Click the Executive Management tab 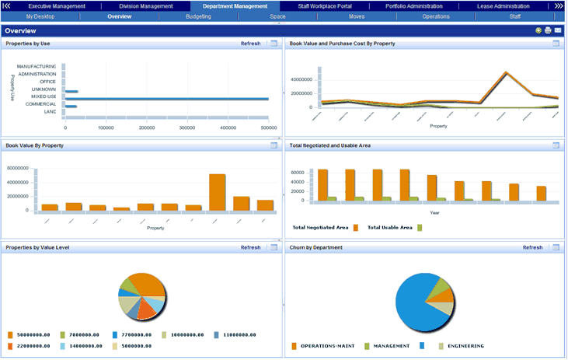(x=57, y=5)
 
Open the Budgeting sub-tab (x=198, y=16)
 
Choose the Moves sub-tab (x=357, y=16)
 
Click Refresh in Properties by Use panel (x=250, y=44)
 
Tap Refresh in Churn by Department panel (x=532, y=247)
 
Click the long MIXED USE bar (x=167, y=99)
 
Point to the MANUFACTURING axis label (x=36, y=67)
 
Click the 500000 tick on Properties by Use (x=269, y=128)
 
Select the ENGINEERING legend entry (x=464, y=345)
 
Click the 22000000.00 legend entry (x=34, y=345)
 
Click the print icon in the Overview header (x=548, y=30)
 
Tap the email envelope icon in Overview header (x=557, y=30)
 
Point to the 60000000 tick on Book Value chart (x=17, y=168)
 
